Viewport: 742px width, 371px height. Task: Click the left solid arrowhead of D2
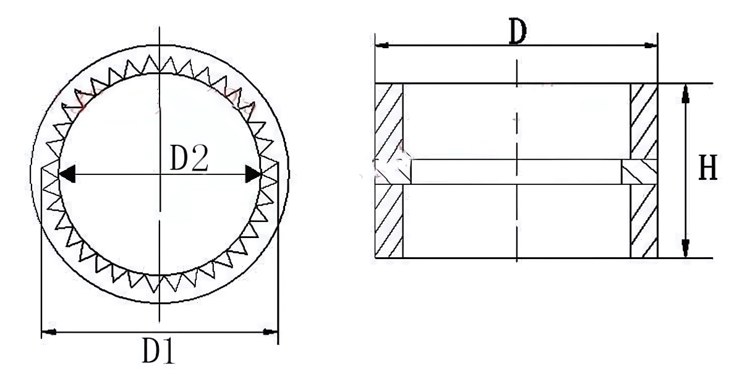(x=67, y=174)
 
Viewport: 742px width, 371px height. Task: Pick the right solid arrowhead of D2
(x=252, y=174)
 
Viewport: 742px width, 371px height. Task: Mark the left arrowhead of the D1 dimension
(x=48, y=333)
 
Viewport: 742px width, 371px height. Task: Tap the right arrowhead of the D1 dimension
(x=271, y=333)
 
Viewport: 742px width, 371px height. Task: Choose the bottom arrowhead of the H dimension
(x=685, y=249)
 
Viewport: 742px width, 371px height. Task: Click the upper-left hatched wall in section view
(x=389, y=121)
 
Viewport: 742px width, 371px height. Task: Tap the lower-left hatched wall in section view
(x=389, y=221)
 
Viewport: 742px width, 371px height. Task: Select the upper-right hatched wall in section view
(x=644, y=121)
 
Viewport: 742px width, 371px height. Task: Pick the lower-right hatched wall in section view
(x=644, y=221)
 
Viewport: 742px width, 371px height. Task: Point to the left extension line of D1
(x=41, y=254)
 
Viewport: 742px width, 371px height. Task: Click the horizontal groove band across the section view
(x=516, y=171)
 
